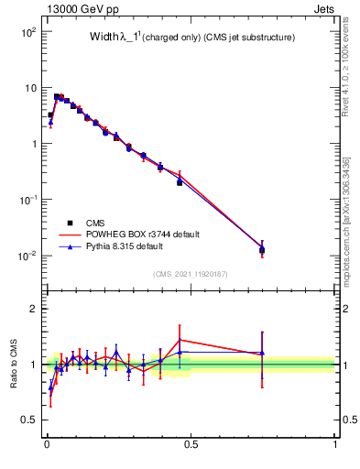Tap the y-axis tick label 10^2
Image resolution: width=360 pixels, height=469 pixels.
(x=28, y=32)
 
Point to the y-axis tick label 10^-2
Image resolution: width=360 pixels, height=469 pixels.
(x=27, y=256)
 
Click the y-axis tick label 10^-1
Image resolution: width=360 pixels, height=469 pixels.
(x=27, y=200)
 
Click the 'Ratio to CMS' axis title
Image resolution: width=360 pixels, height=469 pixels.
(x=14, y=365)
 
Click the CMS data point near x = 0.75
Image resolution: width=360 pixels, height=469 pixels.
(x=262, y=250)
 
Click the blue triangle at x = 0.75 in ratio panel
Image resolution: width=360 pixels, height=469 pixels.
(x=262, y=353)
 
